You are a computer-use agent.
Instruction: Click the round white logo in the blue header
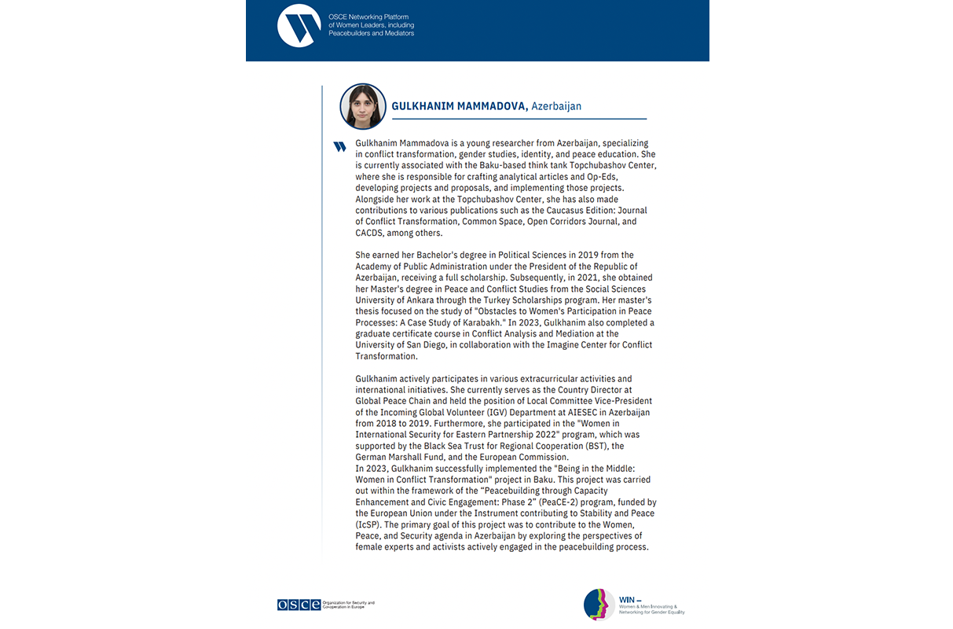[x=299, y=26]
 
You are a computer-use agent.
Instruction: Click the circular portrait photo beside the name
[x=363, y=107]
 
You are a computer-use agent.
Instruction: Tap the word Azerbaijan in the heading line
[x=556, y=106]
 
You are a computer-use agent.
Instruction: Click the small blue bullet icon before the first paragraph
[x=339, y=146]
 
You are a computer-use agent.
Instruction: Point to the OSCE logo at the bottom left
[x=299, y=605]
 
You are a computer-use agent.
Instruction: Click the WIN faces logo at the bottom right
[x=599, y=604]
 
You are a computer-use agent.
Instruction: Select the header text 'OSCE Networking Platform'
[x=368, y=17]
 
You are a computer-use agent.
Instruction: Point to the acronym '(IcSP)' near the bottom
[x=368, y=524]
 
